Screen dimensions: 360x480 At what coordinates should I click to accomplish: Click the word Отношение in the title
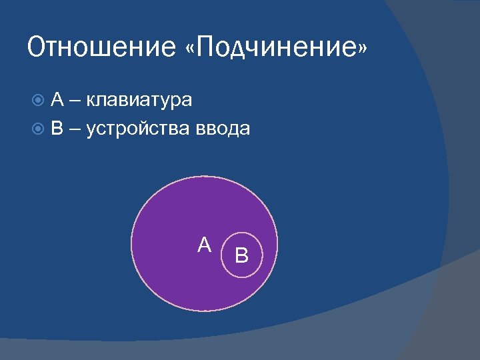90,48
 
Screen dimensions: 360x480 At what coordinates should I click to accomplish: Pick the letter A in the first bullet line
57,100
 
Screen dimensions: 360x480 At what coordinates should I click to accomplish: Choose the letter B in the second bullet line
57,128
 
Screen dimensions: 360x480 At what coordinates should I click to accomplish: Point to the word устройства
139,129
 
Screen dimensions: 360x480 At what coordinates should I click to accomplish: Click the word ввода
223,129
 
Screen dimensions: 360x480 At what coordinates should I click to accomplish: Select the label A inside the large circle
205,245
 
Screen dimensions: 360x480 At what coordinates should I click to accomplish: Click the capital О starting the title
37,48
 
